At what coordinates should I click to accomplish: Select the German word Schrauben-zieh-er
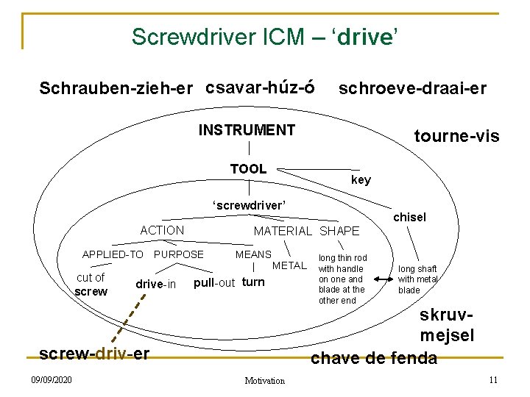116,89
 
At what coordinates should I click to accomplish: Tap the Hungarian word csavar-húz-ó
261,88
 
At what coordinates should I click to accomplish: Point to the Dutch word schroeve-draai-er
411,89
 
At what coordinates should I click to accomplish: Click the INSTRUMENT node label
247,131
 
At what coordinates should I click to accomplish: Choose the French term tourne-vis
456,136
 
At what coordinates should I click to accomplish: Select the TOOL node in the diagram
248,169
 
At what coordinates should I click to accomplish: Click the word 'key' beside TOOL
361,180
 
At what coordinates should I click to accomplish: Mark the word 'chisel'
409,217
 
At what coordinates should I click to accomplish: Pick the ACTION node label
162,230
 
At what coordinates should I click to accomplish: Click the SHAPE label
339,231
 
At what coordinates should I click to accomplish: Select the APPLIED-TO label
113,254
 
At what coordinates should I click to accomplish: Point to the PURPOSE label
178,254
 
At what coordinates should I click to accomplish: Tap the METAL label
289,265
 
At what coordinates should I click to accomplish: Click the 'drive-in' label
155,285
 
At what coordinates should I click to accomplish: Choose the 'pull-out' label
214,282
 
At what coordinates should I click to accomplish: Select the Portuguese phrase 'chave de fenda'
374,358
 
